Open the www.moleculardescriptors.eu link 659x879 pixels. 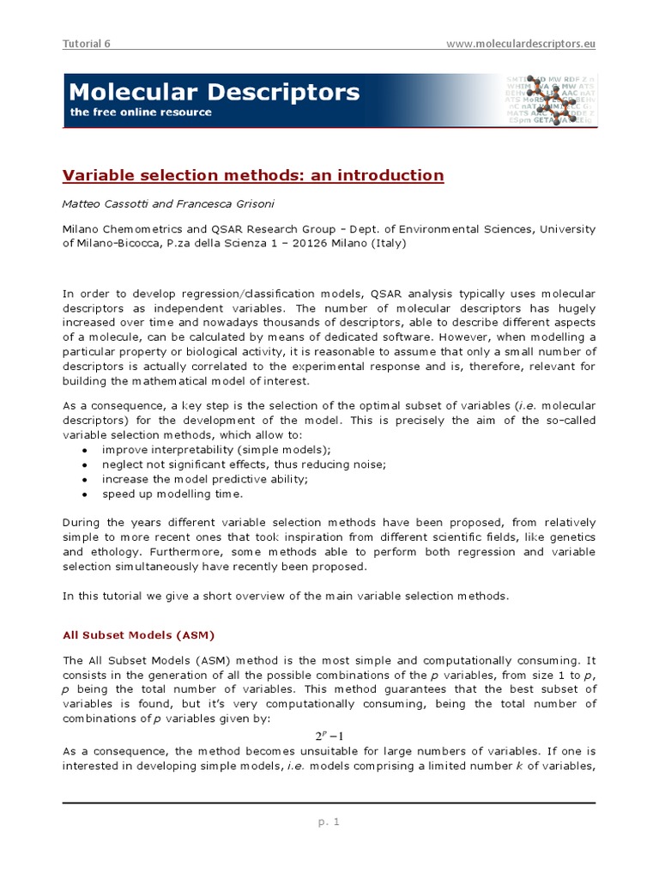pyautogui.click(x=521, y=44)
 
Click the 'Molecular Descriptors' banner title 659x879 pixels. pyautogui.click(x=214, y=92)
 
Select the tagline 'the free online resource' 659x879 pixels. pyautogui.click(x=140, y=112)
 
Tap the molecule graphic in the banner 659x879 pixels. pyautogui.click(x=549, y=101)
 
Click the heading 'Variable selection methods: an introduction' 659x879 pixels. pyautogui.click(x=253, y=176)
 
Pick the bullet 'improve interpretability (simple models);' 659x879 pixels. pyautogui.click(x=216, y=450)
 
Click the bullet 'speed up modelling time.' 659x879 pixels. pyautogui.click(x=172, y=494)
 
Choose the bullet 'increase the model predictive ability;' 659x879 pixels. pyautogui.click(x=205, y=479)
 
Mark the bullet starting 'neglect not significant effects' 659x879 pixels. pyautogui.click(x=245, y=464)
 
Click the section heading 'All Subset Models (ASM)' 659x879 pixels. pyautogui.click(x=138, y=635)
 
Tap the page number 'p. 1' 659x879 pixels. pyautogui.click(x=329, y=821)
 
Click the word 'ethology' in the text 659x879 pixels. pyautogui.click(x=114, y=552)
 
